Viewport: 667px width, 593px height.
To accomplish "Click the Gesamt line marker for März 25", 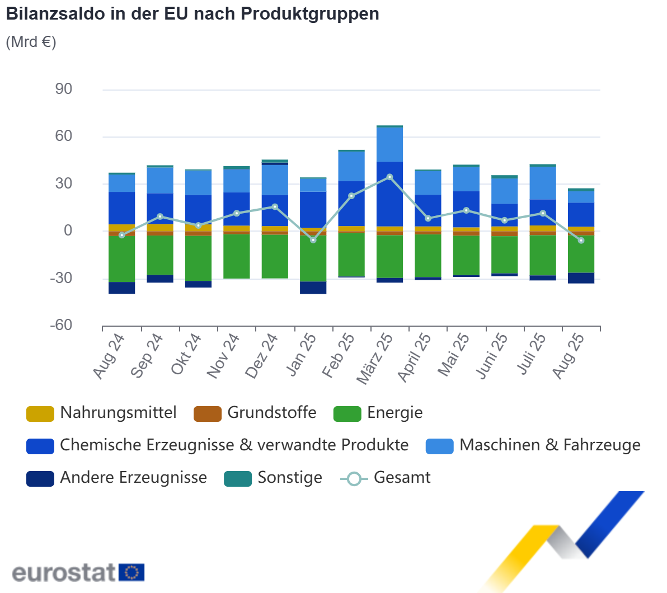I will point(390,177).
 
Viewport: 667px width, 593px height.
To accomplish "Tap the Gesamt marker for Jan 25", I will point(313,240).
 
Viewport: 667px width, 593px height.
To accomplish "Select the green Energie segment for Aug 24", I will point(121,258).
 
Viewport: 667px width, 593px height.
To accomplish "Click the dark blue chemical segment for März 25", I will point(390,194).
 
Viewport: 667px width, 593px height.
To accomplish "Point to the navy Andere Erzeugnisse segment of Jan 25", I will point(313,288).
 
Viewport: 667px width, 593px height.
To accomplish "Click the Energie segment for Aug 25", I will point(581,254).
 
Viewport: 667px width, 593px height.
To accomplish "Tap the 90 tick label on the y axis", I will point(63,89).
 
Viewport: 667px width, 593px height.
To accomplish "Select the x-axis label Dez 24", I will point(262,356).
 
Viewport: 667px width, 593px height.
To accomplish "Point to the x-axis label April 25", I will point(415,358).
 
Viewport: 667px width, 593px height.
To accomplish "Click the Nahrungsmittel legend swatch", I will point(40,414).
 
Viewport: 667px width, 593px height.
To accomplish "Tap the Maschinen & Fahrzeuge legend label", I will point(549,445).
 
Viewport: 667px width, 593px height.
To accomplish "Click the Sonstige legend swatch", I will point(238,479).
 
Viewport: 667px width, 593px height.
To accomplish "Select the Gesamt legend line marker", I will point(354,479).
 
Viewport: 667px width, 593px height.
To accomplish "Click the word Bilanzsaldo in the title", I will point(55,14).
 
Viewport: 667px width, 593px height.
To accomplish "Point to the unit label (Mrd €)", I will point(31,43).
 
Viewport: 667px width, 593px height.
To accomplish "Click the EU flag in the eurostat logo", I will point(132,572).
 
